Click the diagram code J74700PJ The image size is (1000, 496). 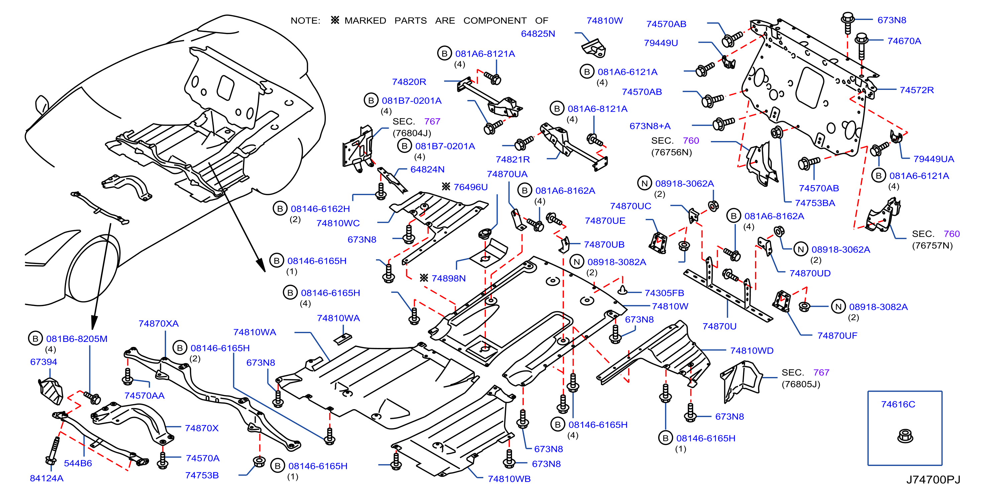pyautogui.click(x=933, y=480)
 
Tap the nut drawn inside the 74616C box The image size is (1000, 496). pyautogui.click(x=905, y=436)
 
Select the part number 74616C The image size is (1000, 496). pyautogui.click(x=898, y=404)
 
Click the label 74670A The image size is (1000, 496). pyautogui.click(x=904, y=41)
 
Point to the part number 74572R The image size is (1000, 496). pyautogui.click(x=916, y=90)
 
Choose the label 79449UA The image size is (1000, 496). pyautogui.click(x=933, y=159)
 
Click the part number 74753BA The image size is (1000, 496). pyautogui.click(x=815, y=203)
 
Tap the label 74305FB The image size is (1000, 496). pyautogui.click(x=664, y=293)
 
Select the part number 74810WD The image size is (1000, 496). pyautogui.click(x=752, y=351)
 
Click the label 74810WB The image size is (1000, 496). pyautogui.click(x=509, y=479)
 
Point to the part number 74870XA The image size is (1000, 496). pyautogui.click(x=158, y=324)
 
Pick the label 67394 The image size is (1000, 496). pyautogui.click(x=43, y=362)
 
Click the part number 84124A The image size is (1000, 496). pyautogui.click(x=46, y=479)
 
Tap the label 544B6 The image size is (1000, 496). pyautogui.click(x=78, y=463)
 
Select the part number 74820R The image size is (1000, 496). pyautogui.click(x=409, y=82)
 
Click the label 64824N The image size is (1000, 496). pyautogui.click(x=427, y=169)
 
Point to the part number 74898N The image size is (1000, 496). pyautogui.click(x=449, y=278)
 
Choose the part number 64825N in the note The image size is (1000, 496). pyautogui.click(x=538, y=34)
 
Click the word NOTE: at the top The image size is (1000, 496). pyautogui.click(x=305, y=21)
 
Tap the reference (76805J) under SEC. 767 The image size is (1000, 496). pyautogui.click(x=800, y=384)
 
